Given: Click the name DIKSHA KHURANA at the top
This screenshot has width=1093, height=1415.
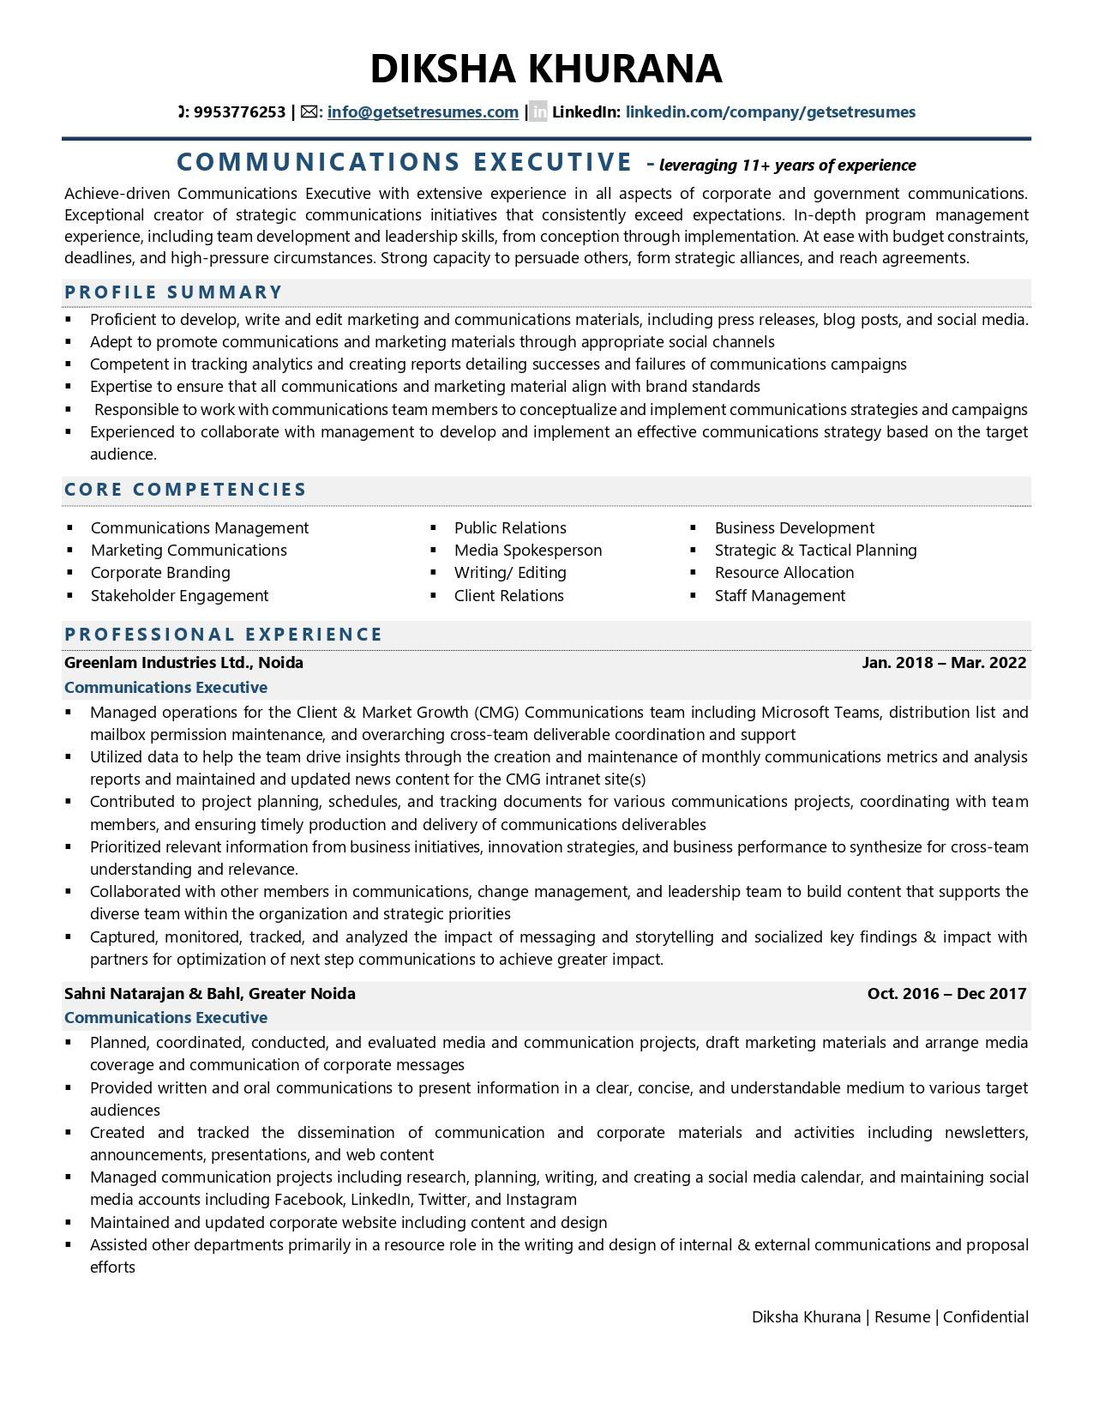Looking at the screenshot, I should [x=546, y=69].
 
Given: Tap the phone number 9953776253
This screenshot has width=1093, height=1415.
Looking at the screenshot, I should [x=239, y=112].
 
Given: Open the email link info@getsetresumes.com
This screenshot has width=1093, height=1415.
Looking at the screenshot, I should [x=423, y=112].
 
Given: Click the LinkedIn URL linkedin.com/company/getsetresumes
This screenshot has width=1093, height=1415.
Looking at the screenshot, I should [x=770, y=112].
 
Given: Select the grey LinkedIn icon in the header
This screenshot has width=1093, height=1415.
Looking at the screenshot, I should [x=537, y=112].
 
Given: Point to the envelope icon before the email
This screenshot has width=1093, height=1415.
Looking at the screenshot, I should [x=309, y=112].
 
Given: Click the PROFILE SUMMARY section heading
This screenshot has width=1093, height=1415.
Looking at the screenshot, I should [x=173, y=292].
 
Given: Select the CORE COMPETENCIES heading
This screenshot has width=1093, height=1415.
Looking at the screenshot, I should [x=185, y=490].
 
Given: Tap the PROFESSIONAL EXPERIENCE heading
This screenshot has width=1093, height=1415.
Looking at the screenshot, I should [x=223, y=635].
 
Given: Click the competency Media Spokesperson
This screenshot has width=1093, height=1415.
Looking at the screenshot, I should [x=527, y=551].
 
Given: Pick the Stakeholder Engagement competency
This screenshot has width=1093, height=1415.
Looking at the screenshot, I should [x=179, y=596].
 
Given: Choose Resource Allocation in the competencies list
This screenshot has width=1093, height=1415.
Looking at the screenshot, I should [x=784, y=573].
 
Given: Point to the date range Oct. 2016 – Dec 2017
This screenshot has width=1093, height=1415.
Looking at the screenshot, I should [x=946, y=994].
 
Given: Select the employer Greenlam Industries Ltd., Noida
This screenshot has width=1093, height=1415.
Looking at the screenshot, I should [x=183, y=663].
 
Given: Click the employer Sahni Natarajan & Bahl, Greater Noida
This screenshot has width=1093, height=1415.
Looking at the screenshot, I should [x=209, y=994].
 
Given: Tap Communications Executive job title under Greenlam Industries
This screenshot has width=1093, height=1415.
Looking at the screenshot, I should [x=165, y=688].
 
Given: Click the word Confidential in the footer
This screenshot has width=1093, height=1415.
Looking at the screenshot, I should [x=985, y=1317].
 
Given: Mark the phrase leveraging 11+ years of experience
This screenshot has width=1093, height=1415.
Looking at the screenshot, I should [x=787, y=166].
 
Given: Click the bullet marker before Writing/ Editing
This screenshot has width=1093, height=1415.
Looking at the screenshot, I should [x=435, y=573].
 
